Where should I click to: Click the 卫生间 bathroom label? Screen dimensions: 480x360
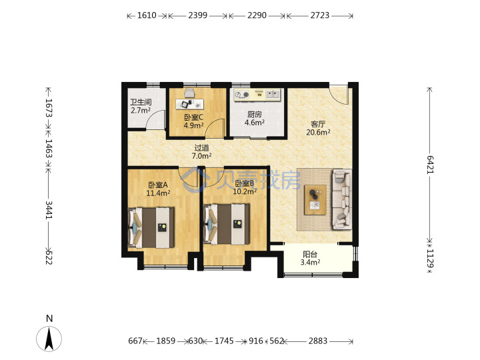click(141, 102)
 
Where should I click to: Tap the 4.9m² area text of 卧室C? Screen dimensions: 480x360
click(194, 125)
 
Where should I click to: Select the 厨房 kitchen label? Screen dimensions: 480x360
click(255, 115)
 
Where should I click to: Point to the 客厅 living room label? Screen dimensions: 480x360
click(318, 124)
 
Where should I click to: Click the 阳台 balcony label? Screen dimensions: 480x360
click(310, 254)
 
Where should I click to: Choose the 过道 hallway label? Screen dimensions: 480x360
click(201, 147)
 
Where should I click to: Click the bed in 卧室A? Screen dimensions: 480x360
click(151, 227)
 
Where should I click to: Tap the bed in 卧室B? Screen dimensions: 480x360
click(227, 225)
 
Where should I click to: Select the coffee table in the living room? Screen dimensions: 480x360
click(315, 199)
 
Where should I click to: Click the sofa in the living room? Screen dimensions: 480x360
click(341, 199)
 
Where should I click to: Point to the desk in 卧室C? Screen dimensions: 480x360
click(190, 104)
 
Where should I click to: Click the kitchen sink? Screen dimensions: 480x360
click(273, 94)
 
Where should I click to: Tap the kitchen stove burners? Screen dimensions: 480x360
click(242, 95)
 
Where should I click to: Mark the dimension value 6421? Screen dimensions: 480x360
click(430, 165)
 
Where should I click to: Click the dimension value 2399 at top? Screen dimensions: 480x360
click(198, 15)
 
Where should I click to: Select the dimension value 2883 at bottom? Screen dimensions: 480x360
click(318, 341)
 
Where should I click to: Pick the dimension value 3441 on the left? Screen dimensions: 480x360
click(49, 210)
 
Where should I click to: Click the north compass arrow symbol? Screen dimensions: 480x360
click(49, 339)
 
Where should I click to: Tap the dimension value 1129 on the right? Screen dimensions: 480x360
click(430, 258)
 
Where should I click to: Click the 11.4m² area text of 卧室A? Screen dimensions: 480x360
click(158, 193)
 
